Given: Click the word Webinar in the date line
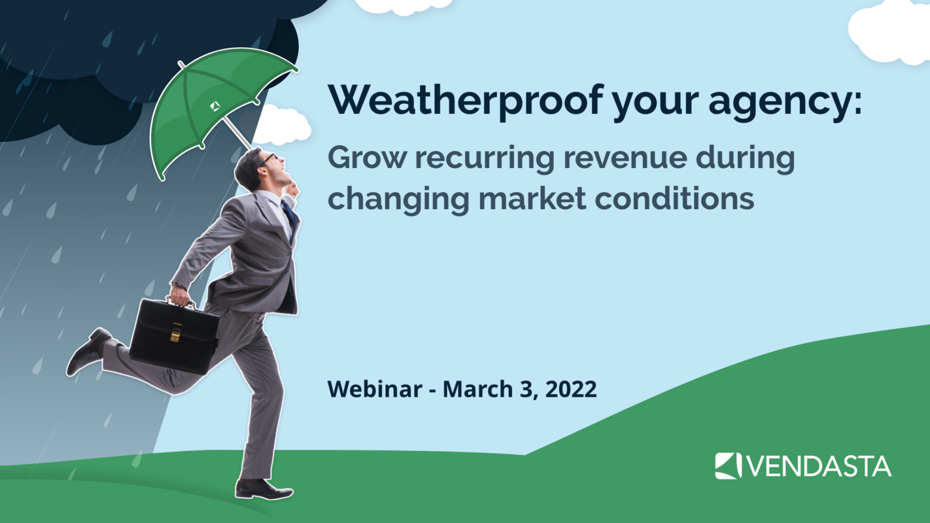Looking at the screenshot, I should (x=374, y=389).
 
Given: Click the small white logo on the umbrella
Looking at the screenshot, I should (x=215, y=105).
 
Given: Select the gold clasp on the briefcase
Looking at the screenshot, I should (x=175, y=335).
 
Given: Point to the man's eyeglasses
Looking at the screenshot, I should (x=268, y=158).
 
